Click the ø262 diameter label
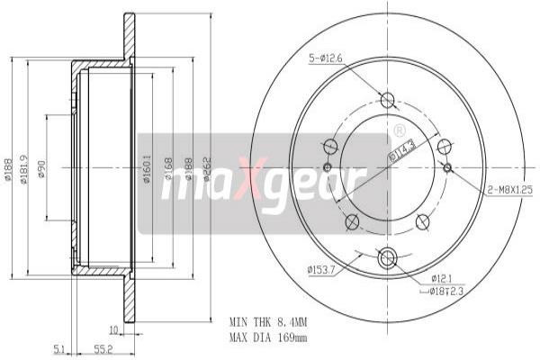point(207,172)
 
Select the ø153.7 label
point(321,267)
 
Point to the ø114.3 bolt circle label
point(400,150)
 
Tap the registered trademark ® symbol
point(399,131)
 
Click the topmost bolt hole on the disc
point(388,100)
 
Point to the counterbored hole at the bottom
point(388,259)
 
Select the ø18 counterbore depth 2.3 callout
point(445,291)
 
